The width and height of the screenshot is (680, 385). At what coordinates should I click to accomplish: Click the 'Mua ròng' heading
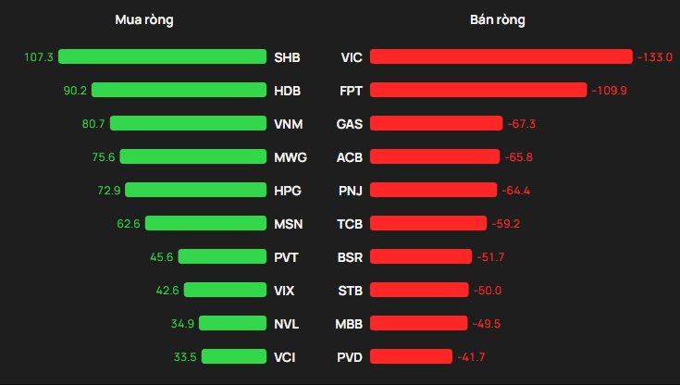144,20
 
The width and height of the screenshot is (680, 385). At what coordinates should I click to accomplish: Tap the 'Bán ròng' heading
498,20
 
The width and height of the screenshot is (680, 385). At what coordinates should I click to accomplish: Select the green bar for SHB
162,56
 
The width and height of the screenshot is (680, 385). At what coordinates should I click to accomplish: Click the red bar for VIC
501,56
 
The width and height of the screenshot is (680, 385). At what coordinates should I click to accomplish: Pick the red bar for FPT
478,90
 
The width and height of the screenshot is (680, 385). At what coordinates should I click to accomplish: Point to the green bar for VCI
234,356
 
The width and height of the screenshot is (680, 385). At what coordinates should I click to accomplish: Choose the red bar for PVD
411,356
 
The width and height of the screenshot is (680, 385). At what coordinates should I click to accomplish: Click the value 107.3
39,56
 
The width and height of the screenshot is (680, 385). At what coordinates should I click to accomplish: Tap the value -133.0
655,56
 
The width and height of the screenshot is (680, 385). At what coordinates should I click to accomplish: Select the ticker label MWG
291,157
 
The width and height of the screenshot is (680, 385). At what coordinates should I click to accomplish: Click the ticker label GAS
350,124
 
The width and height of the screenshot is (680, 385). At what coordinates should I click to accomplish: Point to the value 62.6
129,224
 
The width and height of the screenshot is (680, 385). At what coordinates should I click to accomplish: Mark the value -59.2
506,224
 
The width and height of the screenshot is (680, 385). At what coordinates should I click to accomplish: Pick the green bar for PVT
222,256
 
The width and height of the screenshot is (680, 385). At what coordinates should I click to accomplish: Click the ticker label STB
350,291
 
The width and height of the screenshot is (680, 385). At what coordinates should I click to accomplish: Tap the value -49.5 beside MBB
486,323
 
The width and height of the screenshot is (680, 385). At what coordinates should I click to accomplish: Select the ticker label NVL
286,324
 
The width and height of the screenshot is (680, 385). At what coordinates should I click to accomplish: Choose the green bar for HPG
195,190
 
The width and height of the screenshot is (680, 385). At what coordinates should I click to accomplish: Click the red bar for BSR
421,256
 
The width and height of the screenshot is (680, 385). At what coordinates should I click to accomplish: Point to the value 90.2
75,91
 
